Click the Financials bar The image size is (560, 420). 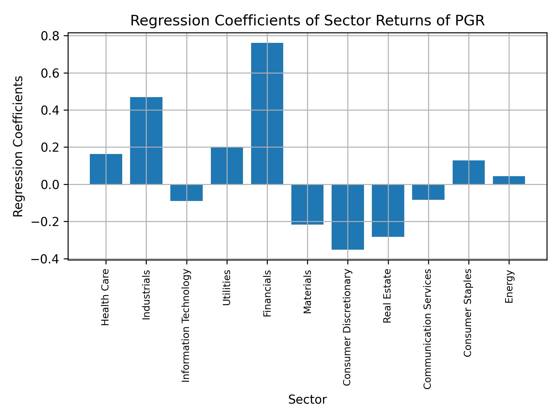(x=267, y=114)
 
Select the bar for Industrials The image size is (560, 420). (x=146, y=141)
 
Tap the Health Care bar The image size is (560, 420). (x=106, y=169)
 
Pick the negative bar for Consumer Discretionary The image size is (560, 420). (x=348, y=217)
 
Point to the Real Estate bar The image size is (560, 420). (x=388, y=211)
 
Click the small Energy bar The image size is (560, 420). (x=509, y=180)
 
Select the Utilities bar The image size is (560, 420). (x=227, y=166)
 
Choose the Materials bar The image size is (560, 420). (x=307, y=204)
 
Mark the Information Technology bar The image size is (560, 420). (x=186, y=193)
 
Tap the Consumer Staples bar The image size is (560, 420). (x=468, y=172)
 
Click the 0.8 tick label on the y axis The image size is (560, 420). (x=50, y=36)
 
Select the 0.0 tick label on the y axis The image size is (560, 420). (x=50, y=185)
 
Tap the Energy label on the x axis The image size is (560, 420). (x=509, y=286)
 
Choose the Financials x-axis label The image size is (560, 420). (x=267, y=293)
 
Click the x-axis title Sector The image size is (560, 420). (x=307, y=400)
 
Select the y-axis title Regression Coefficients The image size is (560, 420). (x=18, y=146)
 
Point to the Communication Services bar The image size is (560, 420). (x=428, y=192)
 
